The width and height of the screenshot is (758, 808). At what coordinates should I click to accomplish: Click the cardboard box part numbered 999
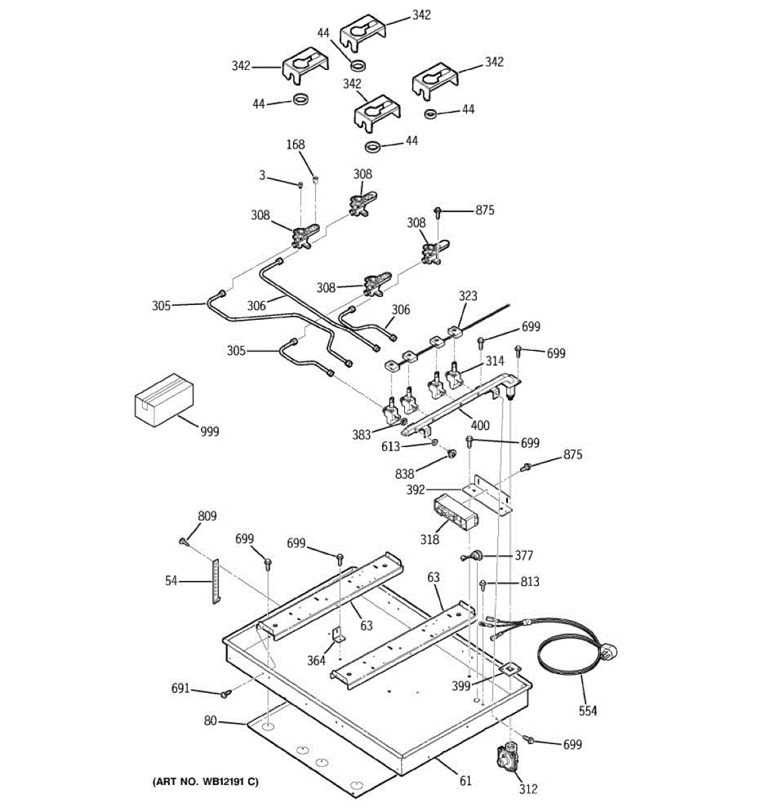(x=164, y=399)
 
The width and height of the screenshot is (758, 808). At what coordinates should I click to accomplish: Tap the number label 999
(x=210, y=431)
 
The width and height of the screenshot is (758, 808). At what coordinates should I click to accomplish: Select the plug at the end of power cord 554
(x=610, y=652)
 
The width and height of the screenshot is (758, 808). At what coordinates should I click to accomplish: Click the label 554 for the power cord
(x=588, y=711)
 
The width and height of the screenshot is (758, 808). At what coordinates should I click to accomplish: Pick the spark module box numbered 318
(x=455, y=512)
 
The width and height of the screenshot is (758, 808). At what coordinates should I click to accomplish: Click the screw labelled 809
(x=183, y=541)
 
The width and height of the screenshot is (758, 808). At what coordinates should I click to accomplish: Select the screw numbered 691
(x=226, y=693)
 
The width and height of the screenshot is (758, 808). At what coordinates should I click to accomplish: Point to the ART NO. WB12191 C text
(x=206, y=782)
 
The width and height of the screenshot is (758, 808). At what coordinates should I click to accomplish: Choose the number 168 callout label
(x=295, y=145)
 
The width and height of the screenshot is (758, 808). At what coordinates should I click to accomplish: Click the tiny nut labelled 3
(x=301, y=185)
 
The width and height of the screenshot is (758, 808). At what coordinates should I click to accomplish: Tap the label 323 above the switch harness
(x=468, y=296)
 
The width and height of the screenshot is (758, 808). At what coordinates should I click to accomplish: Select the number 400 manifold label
(x=480, y=426)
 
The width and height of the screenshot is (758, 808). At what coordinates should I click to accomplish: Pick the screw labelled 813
(x=483, y=584)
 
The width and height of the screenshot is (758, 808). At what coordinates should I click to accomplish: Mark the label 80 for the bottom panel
(x=210, y=721)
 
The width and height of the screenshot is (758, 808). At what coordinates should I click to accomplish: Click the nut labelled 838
(x=451, y=453)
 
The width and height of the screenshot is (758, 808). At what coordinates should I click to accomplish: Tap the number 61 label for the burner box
(x=466, y=781)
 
